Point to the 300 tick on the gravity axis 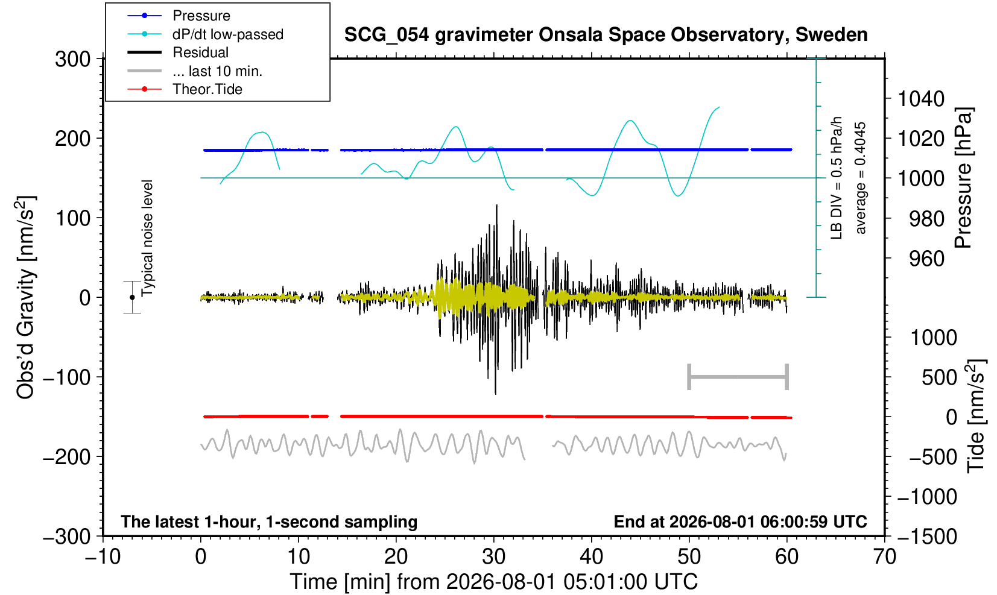(73, 58)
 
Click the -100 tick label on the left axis (67, 377)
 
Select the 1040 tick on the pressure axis (921, 98)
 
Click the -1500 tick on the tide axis (926, 536)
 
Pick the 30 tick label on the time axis (493, 556)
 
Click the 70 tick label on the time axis (884, 556)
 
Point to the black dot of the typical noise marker (132, 297)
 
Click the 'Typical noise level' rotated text (147, 238)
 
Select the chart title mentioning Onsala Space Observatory (606, 35)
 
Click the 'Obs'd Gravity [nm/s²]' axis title (26, 297)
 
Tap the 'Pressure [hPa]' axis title (964, 178)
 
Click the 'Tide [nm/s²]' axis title (976, 417)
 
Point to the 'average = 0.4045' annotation (861, 178)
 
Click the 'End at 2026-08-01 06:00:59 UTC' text (740, 521)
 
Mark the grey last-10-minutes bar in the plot (738, 377)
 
